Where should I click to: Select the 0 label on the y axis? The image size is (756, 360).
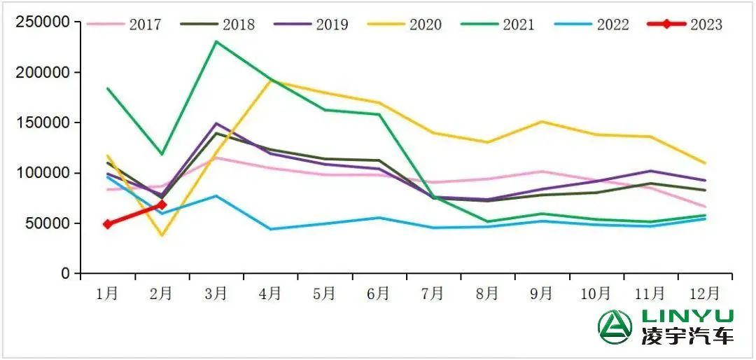click(66, 274)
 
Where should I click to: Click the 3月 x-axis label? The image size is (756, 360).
click(216, 293)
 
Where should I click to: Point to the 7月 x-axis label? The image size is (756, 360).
click(433, 293)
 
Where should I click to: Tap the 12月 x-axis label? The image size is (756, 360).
click(704, 293)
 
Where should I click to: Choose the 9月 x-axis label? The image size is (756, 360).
click(541, 293)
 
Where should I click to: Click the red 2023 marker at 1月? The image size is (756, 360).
click(108, 224)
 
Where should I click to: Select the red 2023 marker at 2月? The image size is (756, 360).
click(162, 205)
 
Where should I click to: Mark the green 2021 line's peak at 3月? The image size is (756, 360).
click(216, 41)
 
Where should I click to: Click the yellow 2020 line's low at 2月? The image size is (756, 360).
click(162, 235)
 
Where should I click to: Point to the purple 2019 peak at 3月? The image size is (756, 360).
click(216, 123)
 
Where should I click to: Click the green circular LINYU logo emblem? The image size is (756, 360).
click(615, 327)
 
